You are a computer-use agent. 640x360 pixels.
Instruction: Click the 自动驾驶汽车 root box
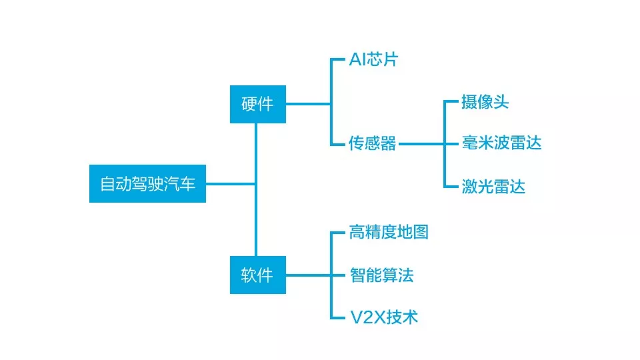tap(147, 183)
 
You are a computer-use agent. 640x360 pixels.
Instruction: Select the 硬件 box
tap(257, 104)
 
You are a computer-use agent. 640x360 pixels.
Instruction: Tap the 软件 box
tap(257, 275)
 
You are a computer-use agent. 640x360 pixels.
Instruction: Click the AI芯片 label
tap(373, 60)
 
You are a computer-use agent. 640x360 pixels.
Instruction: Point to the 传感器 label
tap(373, 143)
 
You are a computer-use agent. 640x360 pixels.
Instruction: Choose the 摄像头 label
tap(485, 102)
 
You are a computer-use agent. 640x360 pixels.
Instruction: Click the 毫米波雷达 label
tap(501, 143)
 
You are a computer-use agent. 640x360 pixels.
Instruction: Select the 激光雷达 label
tap(493, 186)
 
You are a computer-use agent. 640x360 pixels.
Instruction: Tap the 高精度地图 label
tap(389, 232)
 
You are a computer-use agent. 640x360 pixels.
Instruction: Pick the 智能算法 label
tap(381, 275)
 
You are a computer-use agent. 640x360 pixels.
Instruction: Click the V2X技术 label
tap(384, 317)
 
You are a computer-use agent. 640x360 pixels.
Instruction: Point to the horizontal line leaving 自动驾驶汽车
tap(231, 183)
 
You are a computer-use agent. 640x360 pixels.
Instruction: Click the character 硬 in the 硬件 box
tap(249, 104)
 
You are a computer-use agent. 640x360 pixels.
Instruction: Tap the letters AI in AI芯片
tap(357, 60)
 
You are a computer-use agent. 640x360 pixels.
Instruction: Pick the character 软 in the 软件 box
tap(249, 275)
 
